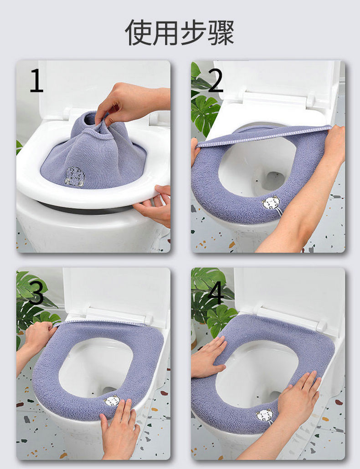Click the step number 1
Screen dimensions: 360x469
click(37, 80)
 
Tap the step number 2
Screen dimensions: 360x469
click(216, 80)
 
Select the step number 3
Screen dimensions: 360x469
click(36, 292)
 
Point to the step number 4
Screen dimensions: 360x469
click(216, 292)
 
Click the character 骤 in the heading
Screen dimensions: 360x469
click(221, 33)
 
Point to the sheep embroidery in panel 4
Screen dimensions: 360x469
click(265, 416)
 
